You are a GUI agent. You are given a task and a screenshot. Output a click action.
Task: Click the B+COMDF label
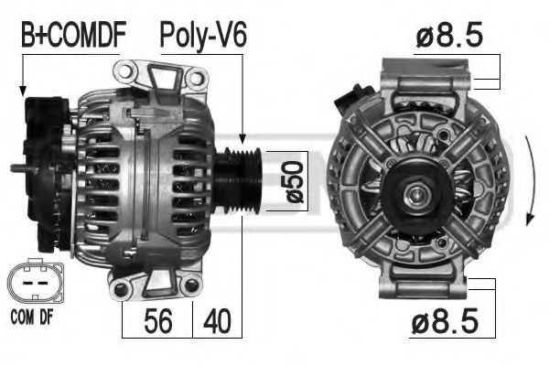pyautogui.click(x=73, y=35)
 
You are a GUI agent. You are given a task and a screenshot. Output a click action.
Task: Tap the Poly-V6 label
pyautogui.click(x=203, y=36)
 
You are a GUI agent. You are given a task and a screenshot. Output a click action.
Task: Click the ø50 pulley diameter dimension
pyautogui.click(x=295, y=182)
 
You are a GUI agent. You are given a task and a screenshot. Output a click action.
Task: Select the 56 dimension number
pyautogui.click(x=158, y=321)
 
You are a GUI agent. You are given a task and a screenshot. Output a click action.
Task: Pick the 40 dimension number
pyautogui.click(x=217, y=321)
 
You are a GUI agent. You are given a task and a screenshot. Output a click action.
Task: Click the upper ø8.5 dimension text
pyautogui.click(x=449, y=35)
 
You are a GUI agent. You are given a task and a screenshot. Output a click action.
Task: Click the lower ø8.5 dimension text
pyautogui.click(x=445, y=320)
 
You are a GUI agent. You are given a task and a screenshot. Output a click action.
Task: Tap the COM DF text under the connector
pyautogui.click(x=32, y=318)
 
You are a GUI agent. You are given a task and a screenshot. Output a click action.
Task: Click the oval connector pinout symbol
pyautogui.click(x=36, y=281)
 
